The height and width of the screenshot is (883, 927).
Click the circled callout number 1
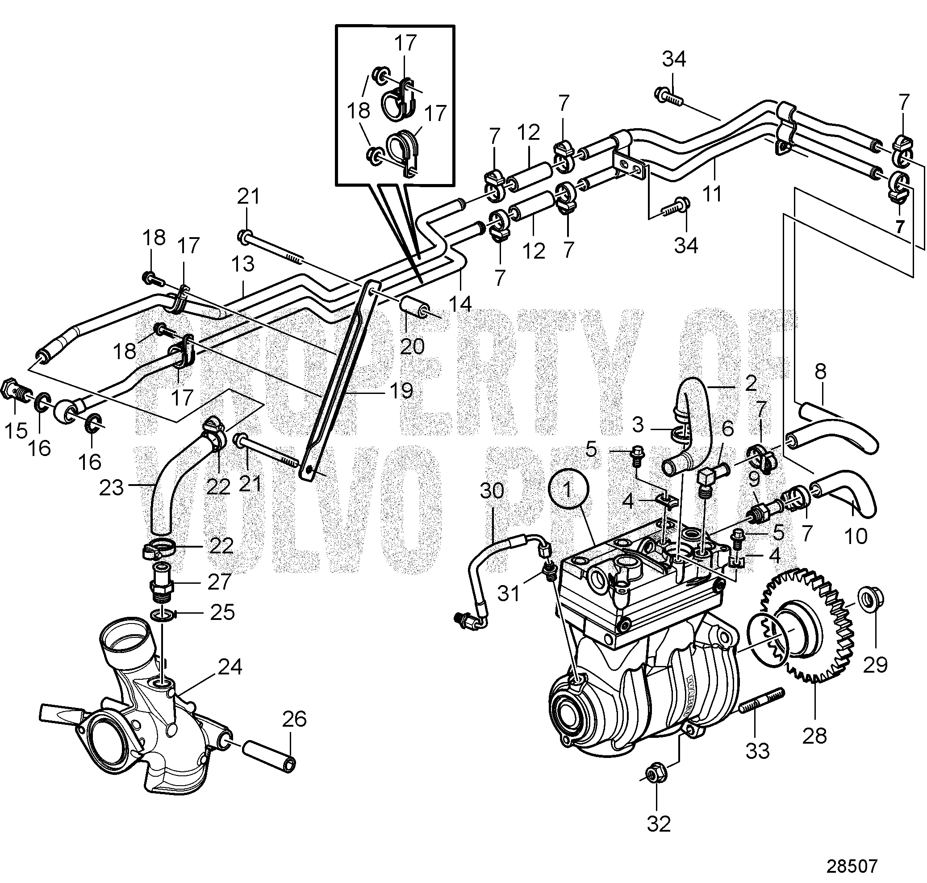[568, 490]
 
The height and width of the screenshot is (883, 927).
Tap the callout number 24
[230, 666]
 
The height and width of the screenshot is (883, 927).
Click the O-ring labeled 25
[160, 614]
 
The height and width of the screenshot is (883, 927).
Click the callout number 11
[711, 193]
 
